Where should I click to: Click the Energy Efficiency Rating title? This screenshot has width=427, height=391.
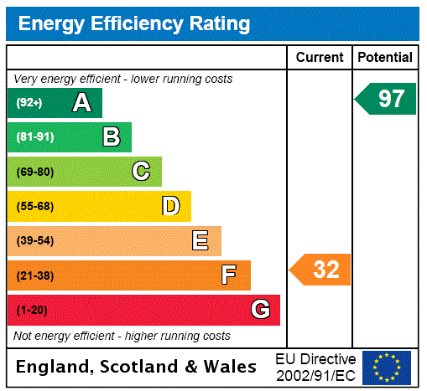(x=134, y=24)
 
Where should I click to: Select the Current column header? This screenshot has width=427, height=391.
(x=320, y=58)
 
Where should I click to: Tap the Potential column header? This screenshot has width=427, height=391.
(x=385, y=58)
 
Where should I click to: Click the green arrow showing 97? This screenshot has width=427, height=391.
(x=386, y=99)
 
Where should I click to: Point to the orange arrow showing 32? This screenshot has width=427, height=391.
(x=321, y=270)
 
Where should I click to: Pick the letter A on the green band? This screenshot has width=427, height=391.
(x=81, y=103)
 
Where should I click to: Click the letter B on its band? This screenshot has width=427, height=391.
(x=111, y=137)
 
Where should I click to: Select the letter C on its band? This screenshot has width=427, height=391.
(x=141, y=172)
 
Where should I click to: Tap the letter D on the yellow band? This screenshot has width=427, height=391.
(x=170, y=206)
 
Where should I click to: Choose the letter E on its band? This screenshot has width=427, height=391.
(x=200, y=241)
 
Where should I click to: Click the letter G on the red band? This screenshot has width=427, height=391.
(x=260, y=310)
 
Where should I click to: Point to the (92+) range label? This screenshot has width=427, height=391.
(x=29, y=103)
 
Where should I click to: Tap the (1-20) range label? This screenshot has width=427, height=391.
(x=32, y=311)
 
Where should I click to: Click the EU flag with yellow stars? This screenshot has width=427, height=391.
(x=387, y=367)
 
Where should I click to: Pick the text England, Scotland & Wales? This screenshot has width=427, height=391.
(x=137, y=367)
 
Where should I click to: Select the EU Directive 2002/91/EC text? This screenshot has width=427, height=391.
(x=315, y=367)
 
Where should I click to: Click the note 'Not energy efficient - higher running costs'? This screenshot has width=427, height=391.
(x=122, y=336)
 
